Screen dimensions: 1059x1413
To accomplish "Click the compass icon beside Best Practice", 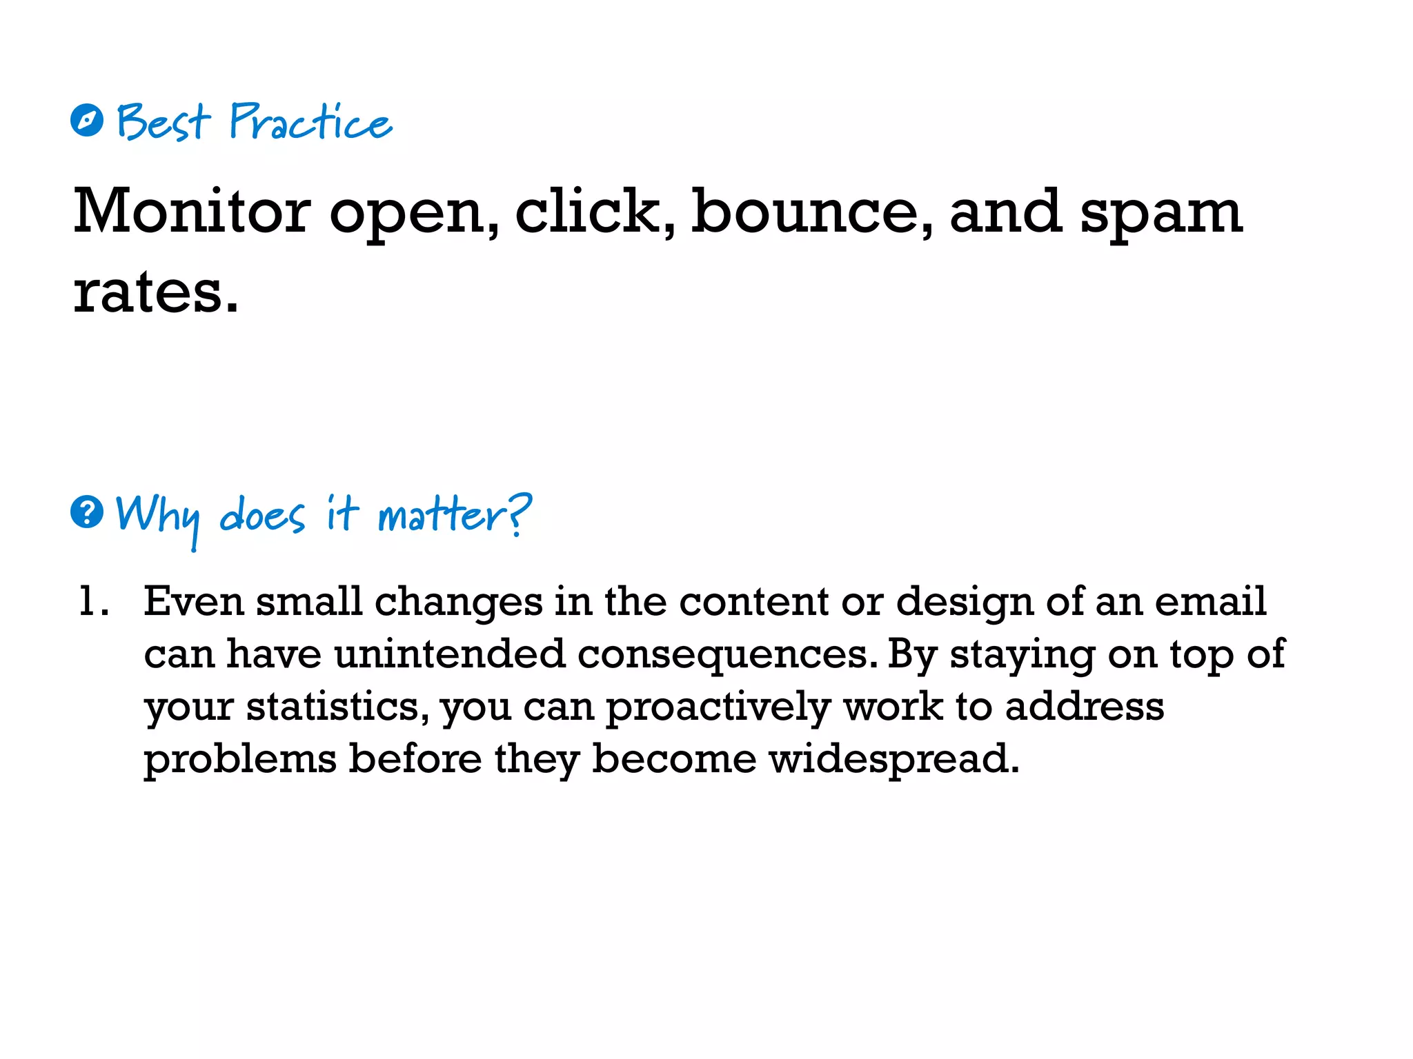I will pos(87,121).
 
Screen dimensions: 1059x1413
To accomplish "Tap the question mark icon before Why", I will pos(87,512).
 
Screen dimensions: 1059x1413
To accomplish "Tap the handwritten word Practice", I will pos(310,123).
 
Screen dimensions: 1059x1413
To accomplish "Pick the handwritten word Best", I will pos(163,123).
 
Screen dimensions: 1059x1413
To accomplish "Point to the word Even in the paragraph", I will pos(194,601).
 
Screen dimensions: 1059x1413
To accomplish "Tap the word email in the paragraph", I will pos(1210,601).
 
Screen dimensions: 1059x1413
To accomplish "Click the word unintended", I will pos(450,654).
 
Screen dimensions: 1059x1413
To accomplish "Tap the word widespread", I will pos(893,760).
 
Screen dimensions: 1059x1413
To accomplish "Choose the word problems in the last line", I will pos(240,760).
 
